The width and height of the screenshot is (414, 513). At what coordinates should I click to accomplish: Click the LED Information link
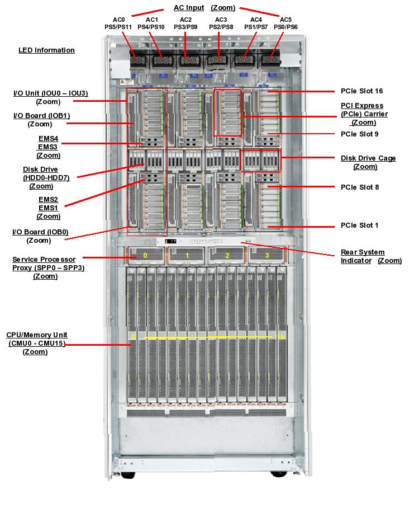point(46,50)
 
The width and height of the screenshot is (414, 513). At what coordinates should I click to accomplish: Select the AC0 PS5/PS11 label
point(118,23)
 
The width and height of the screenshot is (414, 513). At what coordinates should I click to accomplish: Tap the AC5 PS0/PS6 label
point(285,23)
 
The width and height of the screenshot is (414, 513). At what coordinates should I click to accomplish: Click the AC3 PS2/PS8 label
point(221,23)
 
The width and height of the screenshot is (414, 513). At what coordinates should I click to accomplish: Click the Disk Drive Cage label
point(368,158)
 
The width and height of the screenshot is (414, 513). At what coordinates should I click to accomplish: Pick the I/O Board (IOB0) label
point(40,232)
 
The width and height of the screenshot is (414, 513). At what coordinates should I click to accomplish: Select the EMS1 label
point(48,208)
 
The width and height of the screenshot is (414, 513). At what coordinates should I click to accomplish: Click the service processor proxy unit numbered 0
point(145,255)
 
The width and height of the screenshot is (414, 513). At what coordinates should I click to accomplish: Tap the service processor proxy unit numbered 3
point(266,255)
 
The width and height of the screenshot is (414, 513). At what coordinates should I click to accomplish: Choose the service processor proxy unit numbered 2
point(226,255)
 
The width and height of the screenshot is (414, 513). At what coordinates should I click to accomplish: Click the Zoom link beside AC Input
point(223,8)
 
